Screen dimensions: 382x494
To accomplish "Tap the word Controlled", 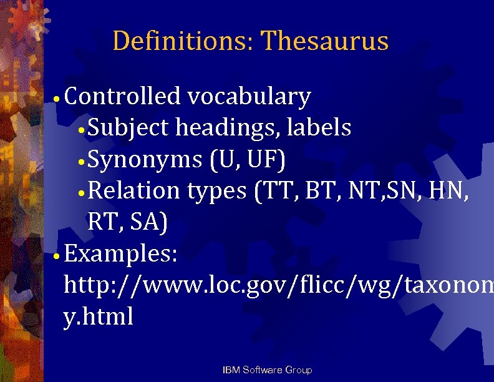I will (x=122, y=97).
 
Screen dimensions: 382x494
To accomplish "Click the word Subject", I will (x=128, y=128).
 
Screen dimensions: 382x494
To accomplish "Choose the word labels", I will (x=319, y=128).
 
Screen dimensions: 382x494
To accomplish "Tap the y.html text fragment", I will (x=99, y=317).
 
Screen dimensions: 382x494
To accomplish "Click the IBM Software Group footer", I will (x=267, y=370).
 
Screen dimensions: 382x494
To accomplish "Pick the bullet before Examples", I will (x=56, y=255).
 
